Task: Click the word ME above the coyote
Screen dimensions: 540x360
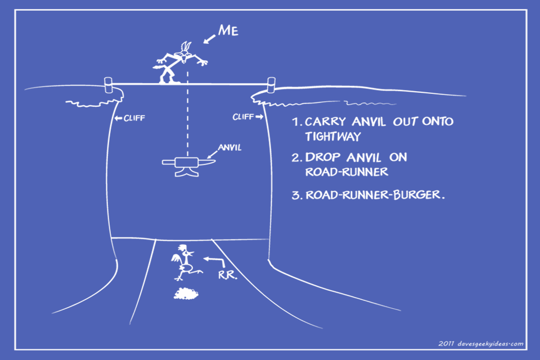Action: tap(228, 30)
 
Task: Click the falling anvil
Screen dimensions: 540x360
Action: tap(188, 166)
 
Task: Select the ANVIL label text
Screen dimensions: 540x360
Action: tap(229, 147)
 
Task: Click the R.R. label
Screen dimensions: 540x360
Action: tap(228, 275)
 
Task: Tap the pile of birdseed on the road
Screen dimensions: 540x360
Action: tap(186, 294)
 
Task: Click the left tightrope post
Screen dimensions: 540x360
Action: tap(108, 85)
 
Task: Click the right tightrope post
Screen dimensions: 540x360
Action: tap(271, 85)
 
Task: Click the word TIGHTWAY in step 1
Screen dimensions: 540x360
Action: tap(332, 137)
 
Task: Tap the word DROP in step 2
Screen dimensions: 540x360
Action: tap(323, 157)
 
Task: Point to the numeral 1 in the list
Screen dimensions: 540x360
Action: tap(295, 121)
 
